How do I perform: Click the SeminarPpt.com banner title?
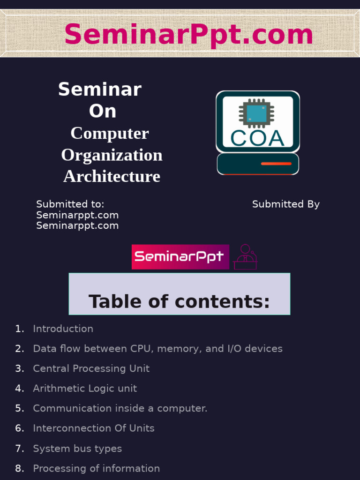[x=188, y=35]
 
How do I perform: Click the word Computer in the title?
[x=110, y=133]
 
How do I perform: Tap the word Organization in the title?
[x=112, y=155]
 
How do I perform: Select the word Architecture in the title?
[x=112, y=176]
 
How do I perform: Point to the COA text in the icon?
[x=257, y=138]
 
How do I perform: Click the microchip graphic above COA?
[x=255, y=113]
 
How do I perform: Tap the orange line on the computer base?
[x=276, y=164]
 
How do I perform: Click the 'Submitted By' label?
[x=285, y=204]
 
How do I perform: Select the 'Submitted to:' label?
[x=70, y=204]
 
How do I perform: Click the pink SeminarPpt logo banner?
[x=180, y=256]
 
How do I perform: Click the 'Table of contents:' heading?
[x=179, y=301]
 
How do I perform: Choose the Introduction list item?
[x=63, y=329]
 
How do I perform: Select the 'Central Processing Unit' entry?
[x=91, y=368]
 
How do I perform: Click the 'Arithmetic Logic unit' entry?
[x=85, y=388]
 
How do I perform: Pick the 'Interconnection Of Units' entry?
[x=93, y=428]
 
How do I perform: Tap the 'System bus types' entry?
[x=77, y=449]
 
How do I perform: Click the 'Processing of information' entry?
[x=96, y=468]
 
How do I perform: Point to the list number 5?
[x=19, y=408]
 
